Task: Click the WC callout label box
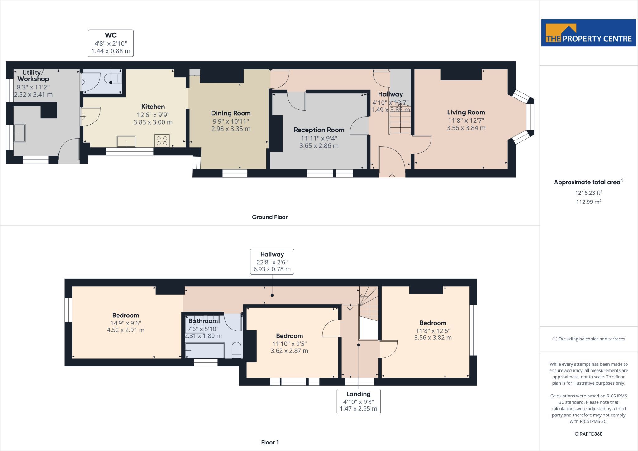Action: tap(111, 43)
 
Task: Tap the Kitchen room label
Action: tap(153, 107)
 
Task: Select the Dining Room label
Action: tap(231, 113)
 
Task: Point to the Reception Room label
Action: tap(319, 130)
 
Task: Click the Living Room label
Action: tap(466, 112)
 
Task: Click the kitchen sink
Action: tap(126, 141)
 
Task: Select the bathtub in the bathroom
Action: tap(205, 351)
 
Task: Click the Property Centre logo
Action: tap(588, 33)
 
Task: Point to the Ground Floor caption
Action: tap(270, 217)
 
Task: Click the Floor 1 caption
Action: tap(270, 442)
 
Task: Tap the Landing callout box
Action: tap(359, 401)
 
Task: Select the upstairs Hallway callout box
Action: tap(272, 262)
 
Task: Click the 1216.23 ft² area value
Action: tap(588, 193)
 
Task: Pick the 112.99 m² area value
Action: tap(588, 202)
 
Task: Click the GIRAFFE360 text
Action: tap(588, 434)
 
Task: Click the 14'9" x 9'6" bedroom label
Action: tap(126, 323)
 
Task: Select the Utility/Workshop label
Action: tap(33, 76)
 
